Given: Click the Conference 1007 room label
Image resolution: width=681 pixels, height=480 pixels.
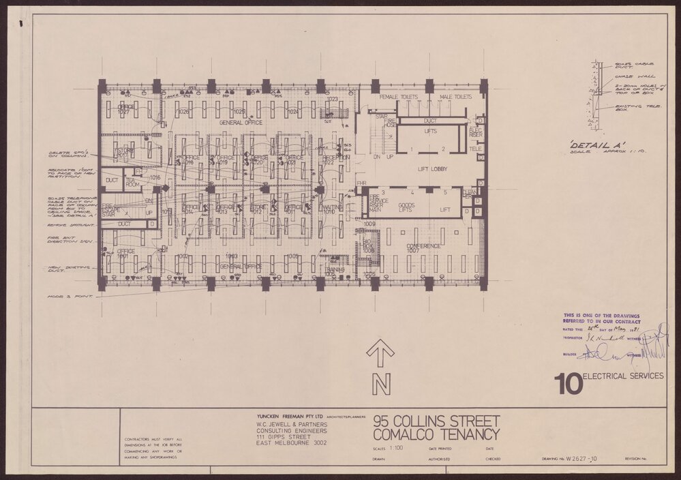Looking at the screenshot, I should tap(422, 248).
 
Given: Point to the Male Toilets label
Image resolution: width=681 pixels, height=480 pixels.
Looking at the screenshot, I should tap(455, 97).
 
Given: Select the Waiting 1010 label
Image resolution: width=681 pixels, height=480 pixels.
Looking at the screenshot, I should tap(331, 209).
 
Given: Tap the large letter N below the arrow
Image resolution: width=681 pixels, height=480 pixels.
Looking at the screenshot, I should tap(380, 385).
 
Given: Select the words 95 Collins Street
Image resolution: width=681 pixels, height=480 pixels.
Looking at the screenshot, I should tap(436, 421).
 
